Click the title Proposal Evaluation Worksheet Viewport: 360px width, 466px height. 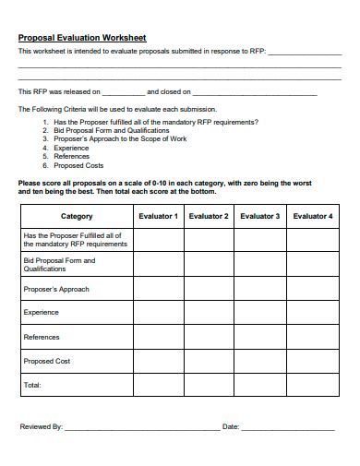click(82, 38)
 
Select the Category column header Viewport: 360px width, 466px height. click(77, 216)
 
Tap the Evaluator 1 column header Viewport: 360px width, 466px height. click(158, 216)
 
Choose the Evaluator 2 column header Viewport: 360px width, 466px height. click(209, 216)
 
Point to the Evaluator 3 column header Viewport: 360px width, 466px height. click(260, 216)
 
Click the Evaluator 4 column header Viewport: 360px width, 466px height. click(313, 216)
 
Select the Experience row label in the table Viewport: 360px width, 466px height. click(42, 313)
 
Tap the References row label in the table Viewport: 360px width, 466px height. click(42, 337)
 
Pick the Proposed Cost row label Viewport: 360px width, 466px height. click(46, 361)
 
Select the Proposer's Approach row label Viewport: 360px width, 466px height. click(56, 289)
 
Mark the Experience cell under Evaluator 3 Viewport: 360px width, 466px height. click(260, 313)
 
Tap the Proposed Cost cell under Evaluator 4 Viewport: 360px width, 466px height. click(313, 361)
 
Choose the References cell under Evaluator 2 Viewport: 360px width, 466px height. click(209, 337)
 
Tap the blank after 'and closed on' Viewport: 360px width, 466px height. click(255, 94)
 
